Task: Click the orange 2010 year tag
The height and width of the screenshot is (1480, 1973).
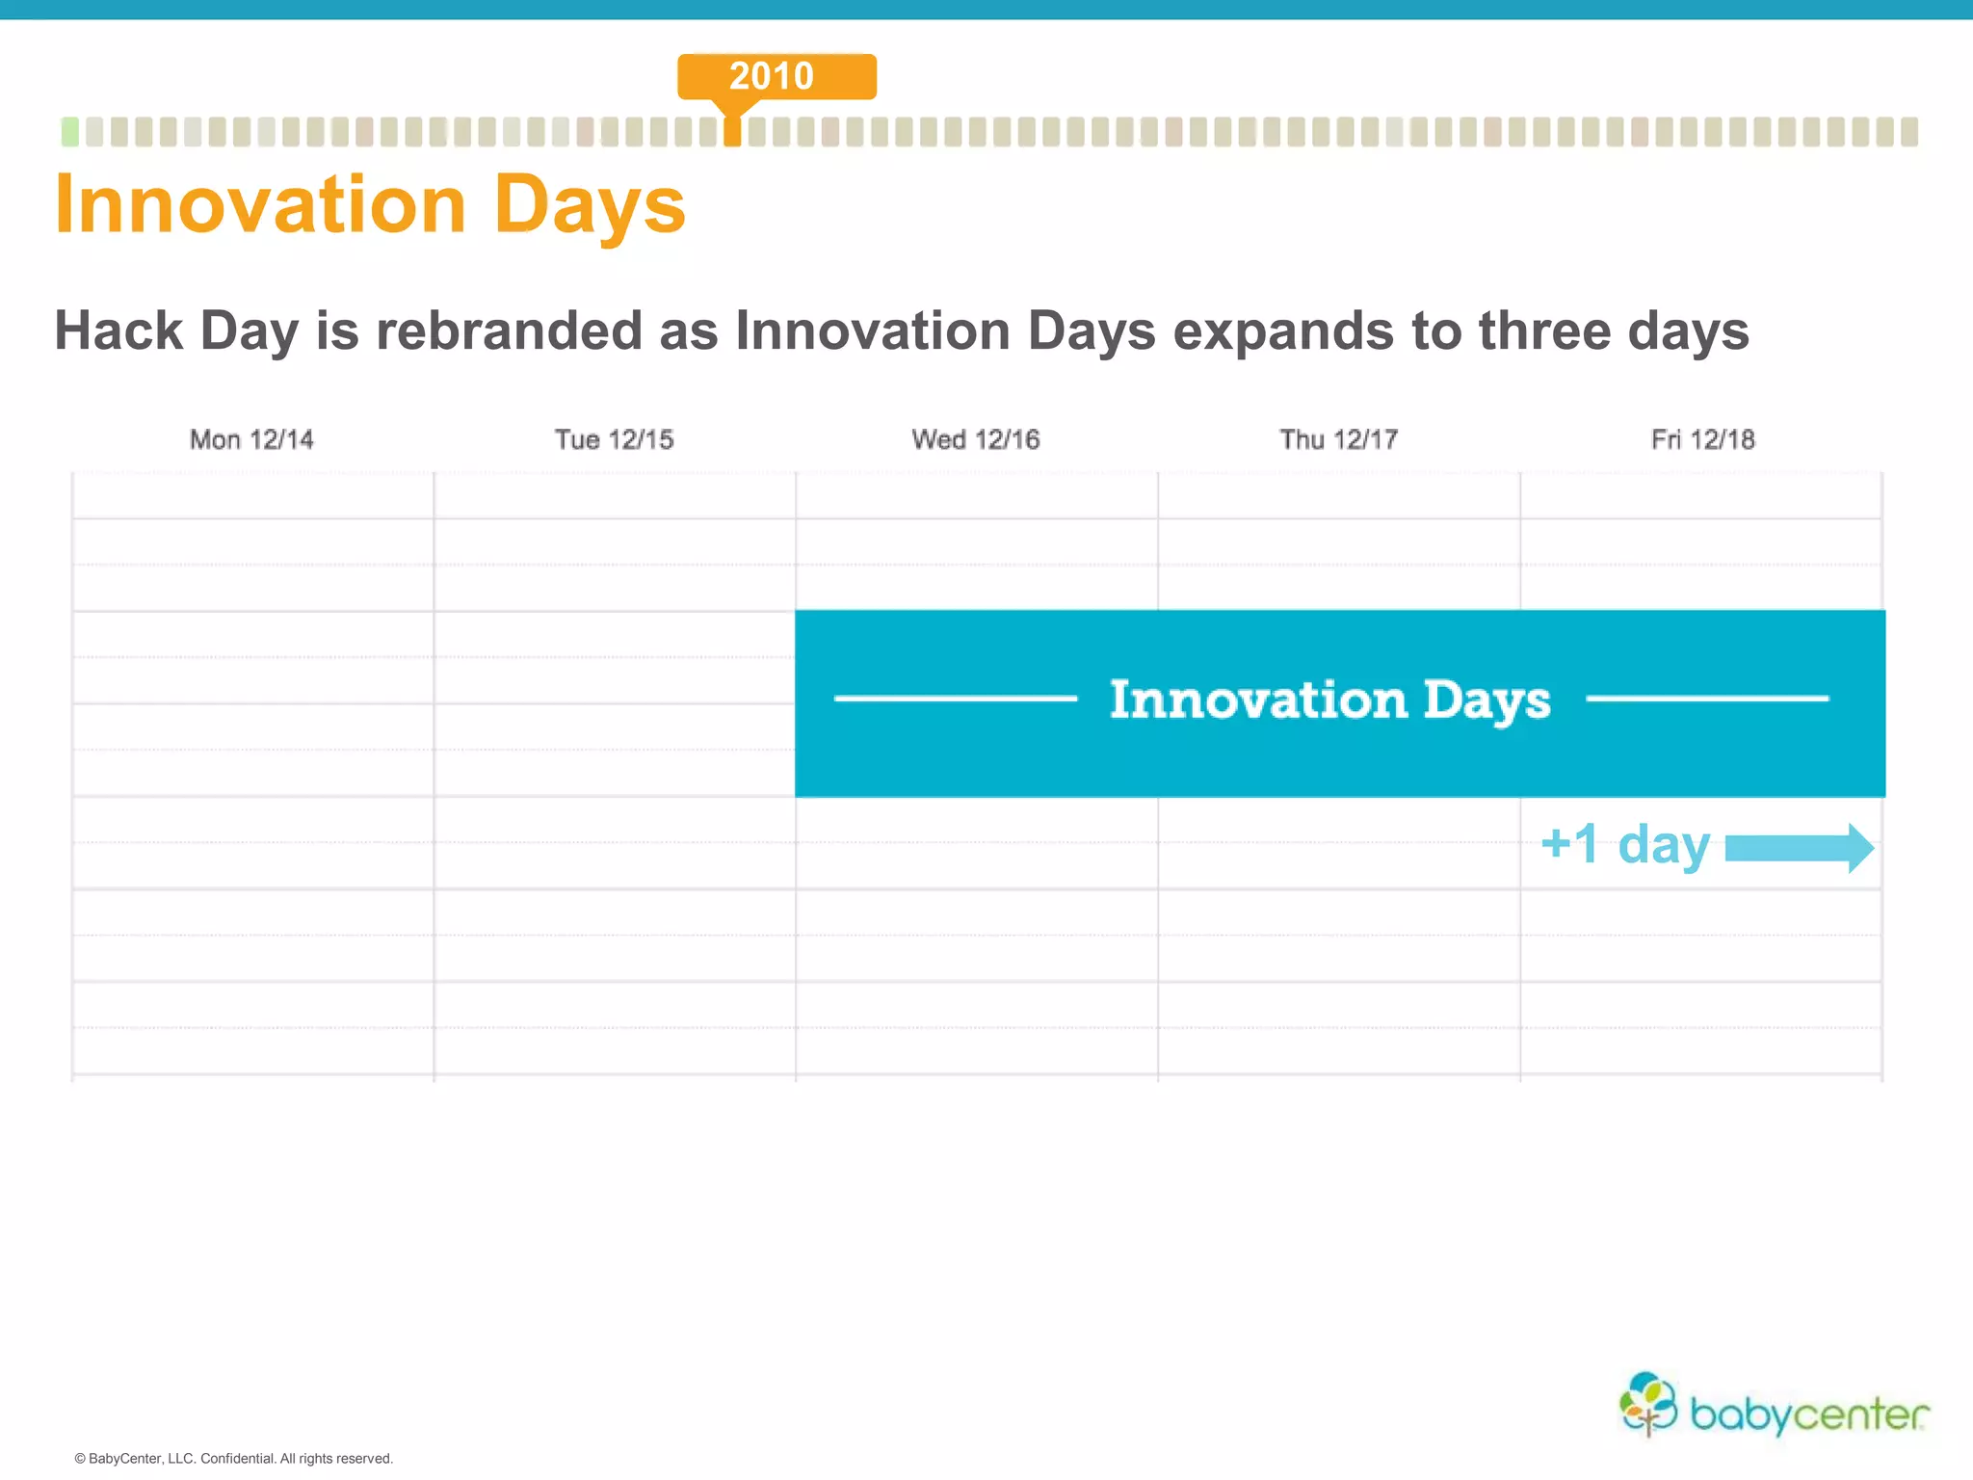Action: coord(776,76)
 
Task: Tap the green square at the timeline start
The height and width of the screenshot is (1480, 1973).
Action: coord(69,132)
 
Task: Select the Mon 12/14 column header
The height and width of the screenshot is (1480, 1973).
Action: coord(251,439)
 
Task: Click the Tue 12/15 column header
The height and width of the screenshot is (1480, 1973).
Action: coord(614,439)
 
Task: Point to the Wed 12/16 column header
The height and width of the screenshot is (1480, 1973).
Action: coord(976,439)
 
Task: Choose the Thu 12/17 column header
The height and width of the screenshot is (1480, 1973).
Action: coord(1338,439)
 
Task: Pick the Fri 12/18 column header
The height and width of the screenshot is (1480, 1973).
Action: coord(1702,439)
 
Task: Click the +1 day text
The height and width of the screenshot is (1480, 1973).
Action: coord(1625,844)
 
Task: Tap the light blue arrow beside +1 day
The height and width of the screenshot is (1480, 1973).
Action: coord(1799,848)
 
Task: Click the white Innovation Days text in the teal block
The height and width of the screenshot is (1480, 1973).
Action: coord(1329,700)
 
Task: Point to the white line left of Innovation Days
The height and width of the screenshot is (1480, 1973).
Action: coord(955,699)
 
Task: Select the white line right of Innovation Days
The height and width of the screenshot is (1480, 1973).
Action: coord(1706,699)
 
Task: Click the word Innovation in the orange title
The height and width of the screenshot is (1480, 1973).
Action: coord(260,204)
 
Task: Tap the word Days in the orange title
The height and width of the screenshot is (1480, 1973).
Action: coord(590,206)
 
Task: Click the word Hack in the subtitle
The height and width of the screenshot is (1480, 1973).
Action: coord(118,330)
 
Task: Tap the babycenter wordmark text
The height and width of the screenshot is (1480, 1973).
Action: coord(1809,1414)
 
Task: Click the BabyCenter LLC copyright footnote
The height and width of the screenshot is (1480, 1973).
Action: coord(234,1458)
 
